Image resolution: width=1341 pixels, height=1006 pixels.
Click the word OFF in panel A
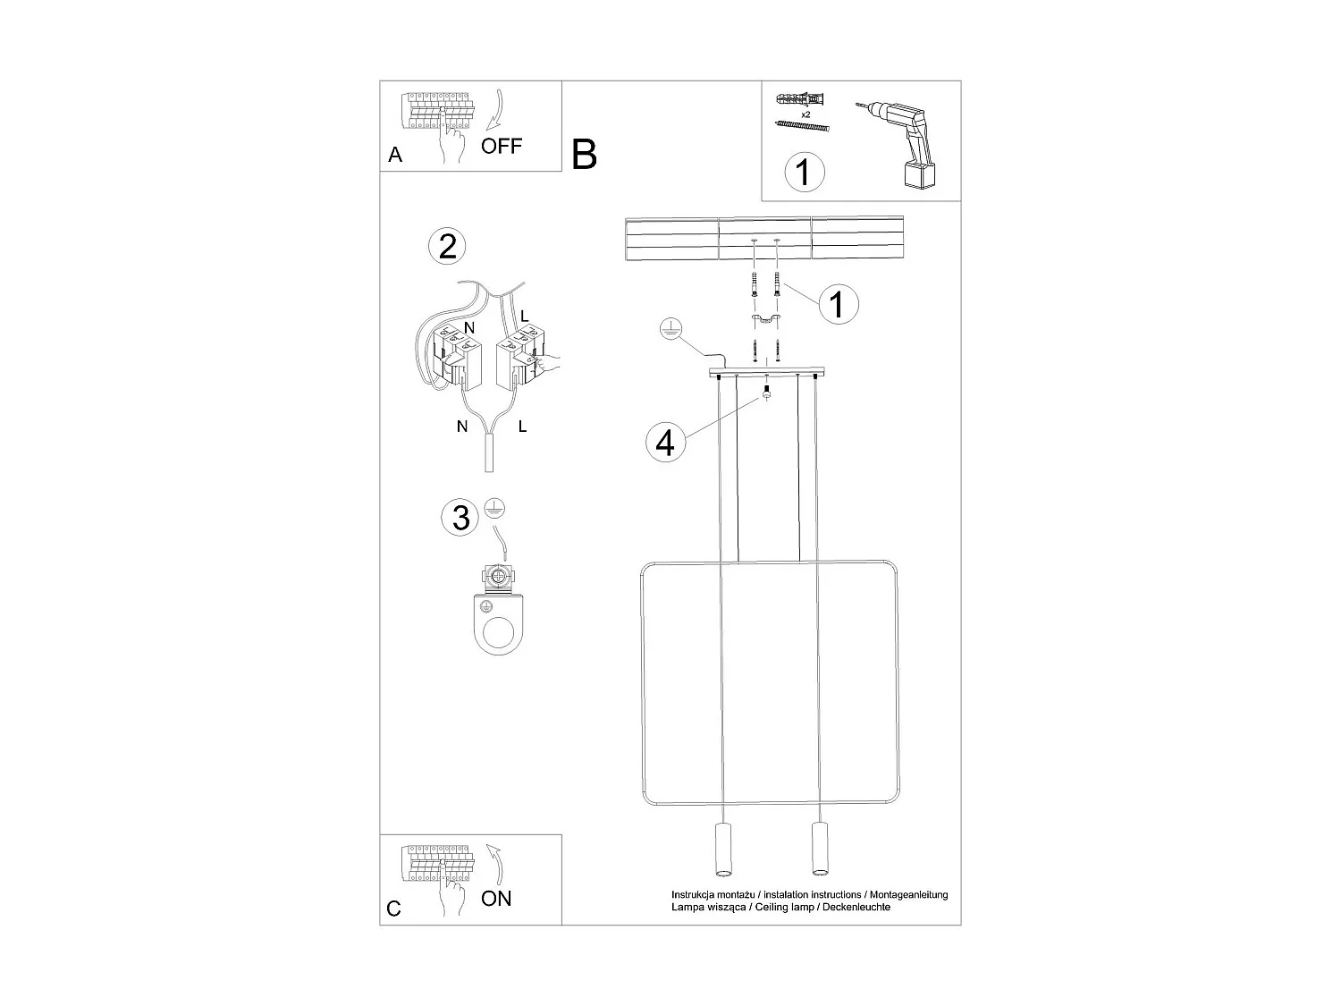click(x=501, y=146)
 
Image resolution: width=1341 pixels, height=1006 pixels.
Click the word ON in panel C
click(x=496, y=898)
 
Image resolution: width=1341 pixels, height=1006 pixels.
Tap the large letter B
click(x=584, y=155)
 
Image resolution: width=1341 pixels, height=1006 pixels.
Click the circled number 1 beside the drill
click(x=804, y=172)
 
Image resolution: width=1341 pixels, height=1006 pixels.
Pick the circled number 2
click(x=448, y=246)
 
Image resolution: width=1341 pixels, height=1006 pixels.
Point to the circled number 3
click(x=460, y=518)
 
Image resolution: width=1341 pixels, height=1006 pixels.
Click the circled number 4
click(x=665, y=443)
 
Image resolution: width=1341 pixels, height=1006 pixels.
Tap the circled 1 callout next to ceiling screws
click(x=837, y=305)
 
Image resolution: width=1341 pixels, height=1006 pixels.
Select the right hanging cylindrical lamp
click(x=816, y=849)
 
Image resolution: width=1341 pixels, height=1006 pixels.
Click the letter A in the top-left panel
click(x=395, y=156)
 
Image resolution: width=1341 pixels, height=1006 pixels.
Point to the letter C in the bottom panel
click(x=394, y=909)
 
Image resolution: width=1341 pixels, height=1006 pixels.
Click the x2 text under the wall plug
click(x=805, y=115)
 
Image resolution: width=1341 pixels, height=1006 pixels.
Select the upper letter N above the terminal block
click(x=468, y=328)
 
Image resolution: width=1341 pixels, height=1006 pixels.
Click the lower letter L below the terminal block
click(x=522, y=427)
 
